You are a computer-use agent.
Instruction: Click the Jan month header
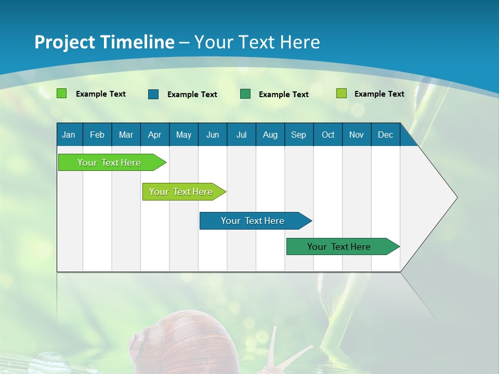coord(69,135)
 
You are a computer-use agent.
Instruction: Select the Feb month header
coord(97,135)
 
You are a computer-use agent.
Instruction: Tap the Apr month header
coord(154,135)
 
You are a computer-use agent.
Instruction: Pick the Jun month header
coord(213,135)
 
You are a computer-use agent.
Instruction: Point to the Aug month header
coord(270,135)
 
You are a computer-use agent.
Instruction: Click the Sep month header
coord(298,135)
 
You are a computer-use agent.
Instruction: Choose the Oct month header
coord(328,135)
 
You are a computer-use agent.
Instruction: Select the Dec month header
coord(385,135)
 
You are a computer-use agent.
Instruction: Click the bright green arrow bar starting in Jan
coord(109,163)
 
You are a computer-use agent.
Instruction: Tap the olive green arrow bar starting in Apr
coord(181,192)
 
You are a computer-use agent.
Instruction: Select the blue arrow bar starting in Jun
coord(253,221)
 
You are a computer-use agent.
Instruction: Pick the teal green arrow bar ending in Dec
coord(339,247)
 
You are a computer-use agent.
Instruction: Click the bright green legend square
coord(61,94)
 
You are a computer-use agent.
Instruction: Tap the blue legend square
coord(153,94)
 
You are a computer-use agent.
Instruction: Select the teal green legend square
coord(245,94)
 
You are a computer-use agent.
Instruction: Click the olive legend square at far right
coord(341,94)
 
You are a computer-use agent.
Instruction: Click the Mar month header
coord(126,135)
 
